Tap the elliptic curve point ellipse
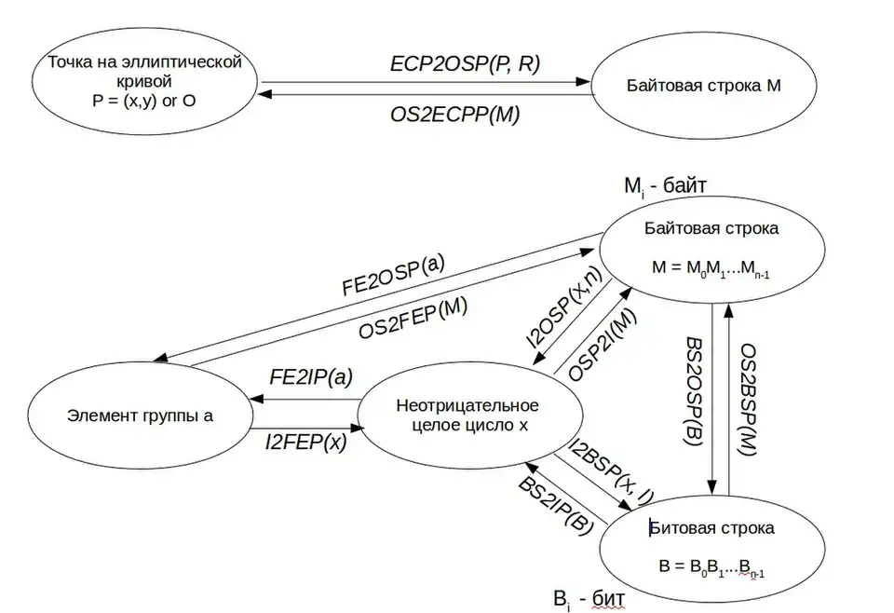click(x=144, y=81)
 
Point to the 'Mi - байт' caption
click(x=665, y=185)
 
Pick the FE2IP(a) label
click(x=310, y=378)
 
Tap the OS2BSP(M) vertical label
click(x=748, y=399)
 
